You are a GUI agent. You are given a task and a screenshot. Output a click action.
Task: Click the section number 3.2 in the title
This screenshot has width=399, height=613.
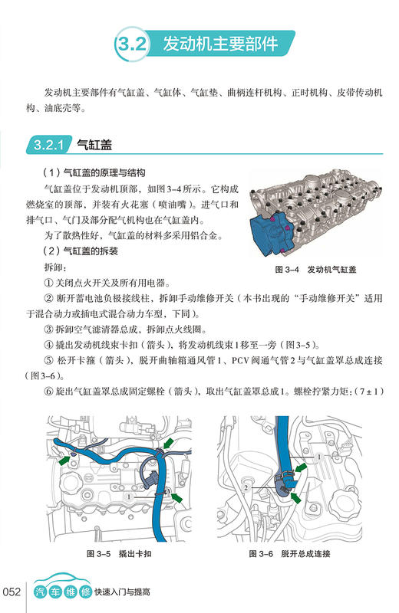pyautogui.click(x=128, y=45)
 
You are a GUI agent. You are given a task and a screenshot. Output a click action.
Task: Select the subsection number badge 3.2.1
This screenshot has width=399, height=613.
pyautogui.click(x=48, y=144)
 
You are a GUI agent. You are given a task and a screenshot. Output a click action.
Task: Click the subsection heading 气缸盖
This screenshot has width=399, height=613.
pyautogui.click(x=94, y=144)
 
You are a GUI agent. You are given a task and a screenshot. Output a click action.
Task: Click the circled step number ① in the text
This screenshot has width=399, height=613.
pyautogui.click(x=51, y=283)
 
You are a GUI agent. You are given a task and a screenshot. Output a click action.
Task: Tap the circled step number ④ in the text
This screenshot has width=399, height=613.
pyautogui.click(x=51, y=346)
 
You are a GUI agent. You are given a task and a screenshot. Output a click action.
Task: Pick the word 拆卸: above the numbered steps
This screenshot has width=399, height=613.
pyautogui.click(x=56, y=267)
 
